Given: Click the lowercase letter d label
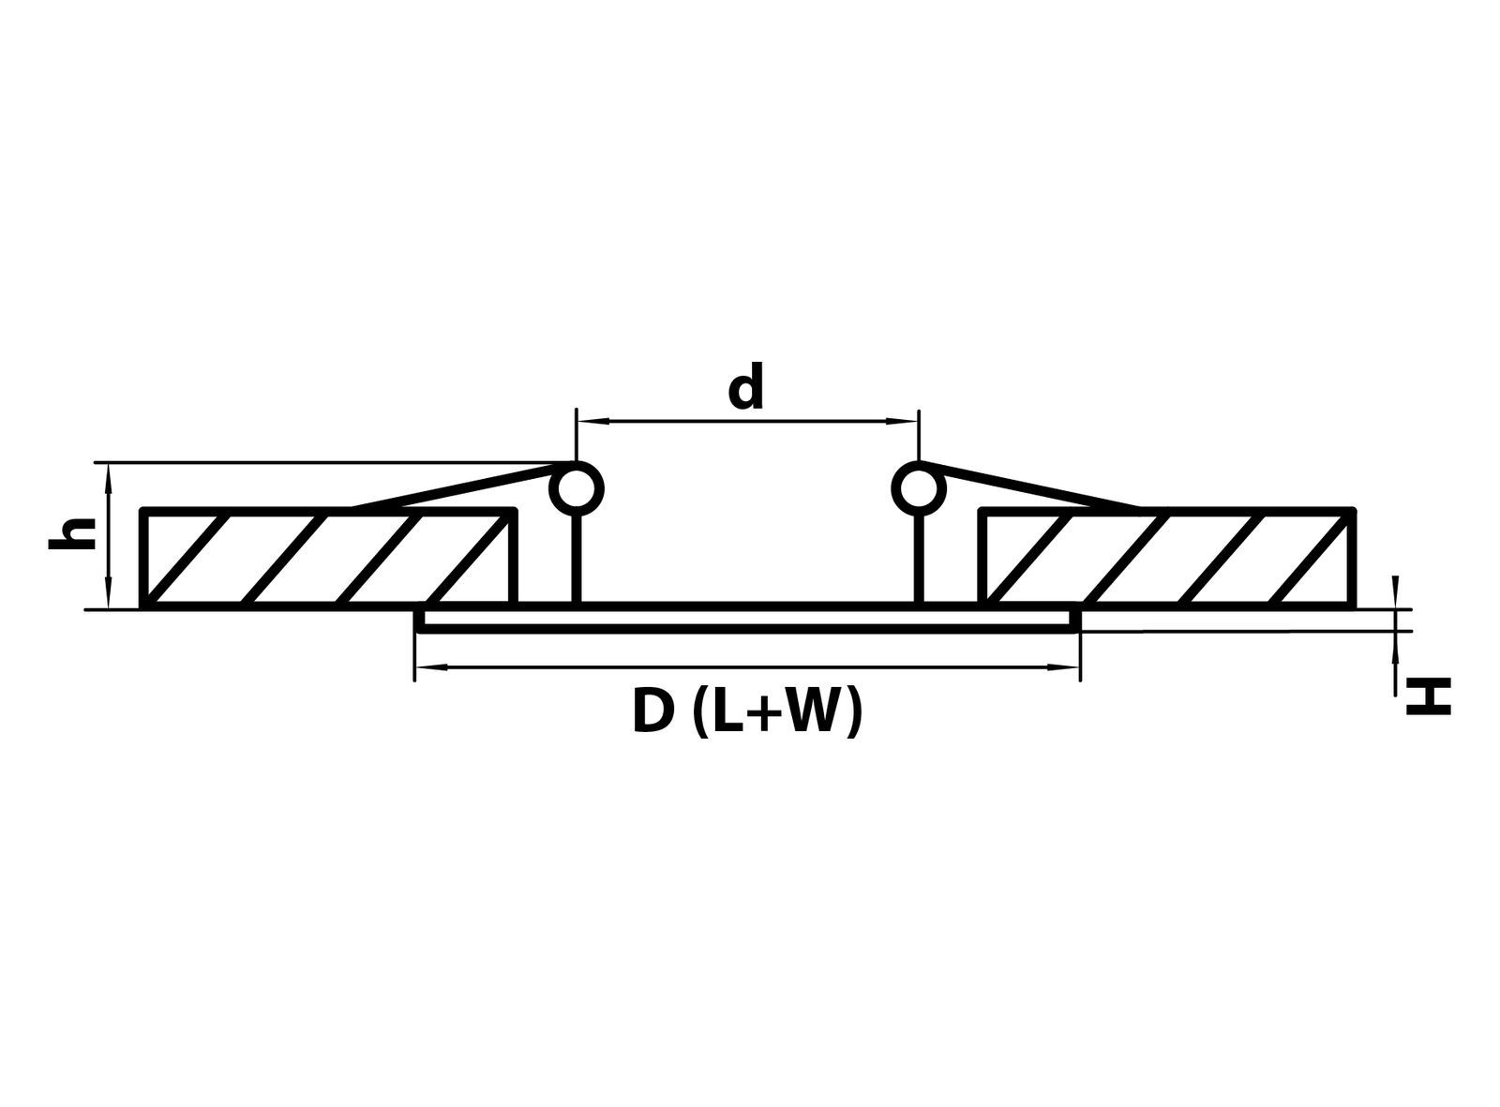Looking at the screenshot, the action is tap(745, 386).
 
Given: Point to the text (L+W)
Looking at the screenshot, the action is tap(778, 711).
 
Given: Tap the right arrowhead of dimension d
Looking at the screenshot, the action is tap(904, 421).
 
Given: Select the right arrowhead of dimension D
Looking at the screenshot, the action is tap(1063, 668).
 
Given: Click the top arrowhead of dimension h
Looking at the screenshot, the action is tap(108, 480).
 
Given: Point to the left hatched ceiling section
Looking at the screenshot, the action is tap(329, 558).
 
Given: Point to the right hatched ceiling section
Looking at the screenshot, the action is tap(1167, 558).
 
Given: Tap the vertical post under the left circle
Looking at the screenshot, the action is tap(577, 557).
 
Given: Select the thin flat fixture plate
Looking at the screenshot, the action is tap(747, 619).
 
